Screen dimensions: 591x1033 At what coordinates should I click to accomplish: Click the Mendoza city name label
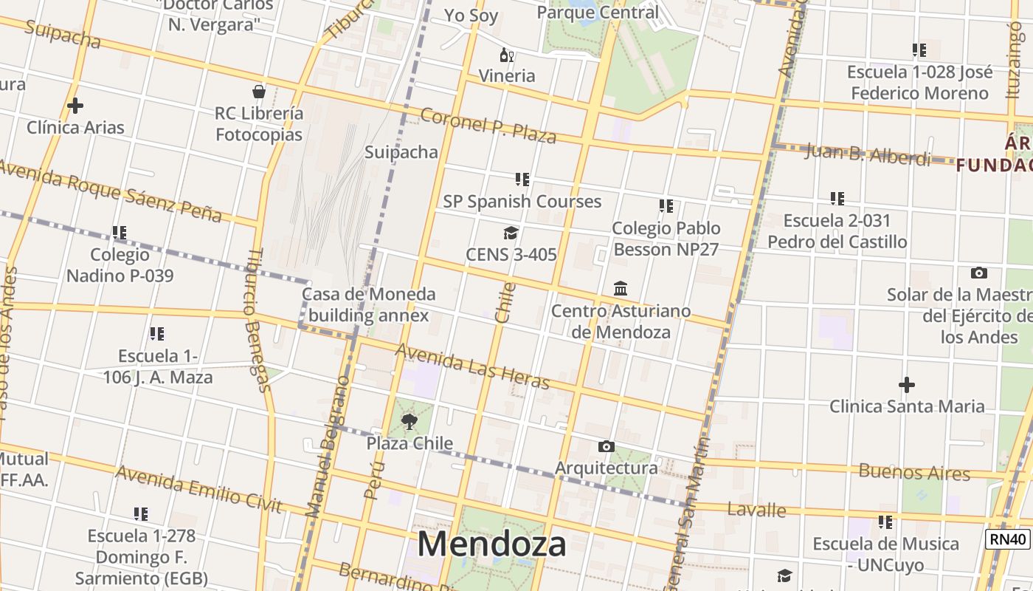[x=491, y=544]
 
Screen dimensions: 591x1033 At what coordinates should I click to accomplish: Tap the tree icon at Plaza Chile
[x=410, y=422]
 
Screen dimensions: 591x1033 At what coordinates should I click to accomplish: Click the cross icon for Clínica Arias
[x=75, y=106]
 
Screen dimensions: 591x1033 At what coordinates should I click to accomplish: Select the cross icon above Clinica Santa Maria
[x=906, y=385]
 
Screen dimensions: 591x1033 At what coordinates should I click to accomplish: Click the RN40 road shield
[x=1007, y=539]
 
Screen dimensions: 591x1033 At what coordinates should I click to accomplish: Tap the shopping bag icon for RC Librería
[x=258, y=92]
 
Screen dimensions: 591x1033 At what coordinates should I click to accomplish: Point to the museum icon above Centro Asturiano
[x=621, y=289]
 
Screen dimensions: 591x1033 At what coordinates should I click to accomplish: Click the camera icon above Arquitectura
[x=606, y=446]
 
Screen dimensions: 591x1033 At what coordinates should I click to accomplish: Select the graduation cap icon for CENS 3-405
[x=511, y=233]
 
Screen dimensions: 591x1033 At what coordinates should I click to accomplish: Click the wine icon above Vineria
[x=506, y=55]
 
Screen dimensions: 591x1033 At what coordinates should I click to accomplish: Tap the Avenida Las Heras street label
[x=473, y=366]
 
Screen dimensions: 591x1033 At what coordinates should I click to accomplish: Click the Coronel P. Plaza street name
[x=488, y=126]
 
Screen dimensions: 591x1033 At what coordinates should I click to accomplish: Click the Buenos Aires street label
[x=913, y=472]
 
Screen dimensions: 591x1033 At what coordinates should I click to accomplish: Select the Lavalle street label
[x=756, y=509]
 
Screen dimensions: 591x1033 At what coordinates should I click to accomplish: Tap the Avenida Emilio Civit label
[x=198, y=489]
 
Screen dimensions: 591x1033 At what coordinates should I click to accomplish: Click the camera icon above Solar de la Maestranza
[x=979, y=273]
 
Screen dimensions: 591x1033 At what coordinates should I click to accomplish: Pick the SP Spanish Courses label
[x=522, y=201]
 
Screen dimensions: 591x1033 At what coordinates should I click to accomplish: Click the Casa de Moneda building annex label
[x=368, y=304]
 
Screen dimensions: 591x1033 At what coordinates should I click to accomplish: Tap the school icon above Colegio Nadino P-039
[x=120, y=233]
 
